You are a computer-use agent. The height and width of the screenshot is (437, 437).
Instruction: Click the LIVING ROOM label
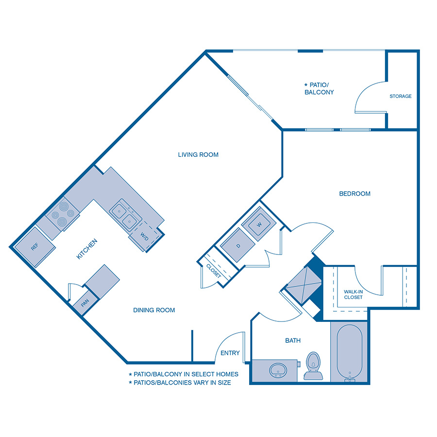pos(198,155)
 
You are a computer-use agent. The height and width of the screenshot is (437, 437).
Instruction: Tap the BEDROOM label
pos(354,194)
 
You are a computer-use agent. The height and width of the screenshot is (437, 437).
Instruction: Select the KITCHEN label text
pos(88,249)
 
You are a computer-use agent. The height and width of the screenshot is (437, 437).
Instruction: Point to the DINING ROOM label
pos(154,310)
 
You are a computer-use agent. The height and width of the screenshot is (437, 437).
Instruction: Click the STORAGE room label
pos(401,96)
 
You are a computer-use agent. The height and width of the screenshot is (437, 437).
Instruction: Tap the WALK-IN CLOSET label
pos(353,294)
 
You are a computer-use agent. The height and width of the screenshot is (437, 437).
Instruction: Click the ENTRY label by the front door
pos(230,353)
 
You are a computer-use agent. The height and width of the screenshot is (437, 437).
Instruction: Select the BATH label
pos(293,341)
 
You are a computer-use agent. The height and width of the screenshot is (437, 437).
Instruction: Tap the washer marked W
pos(259,224)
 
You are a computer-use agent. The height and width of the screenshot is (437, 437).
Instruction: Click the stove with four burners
pos(63,215)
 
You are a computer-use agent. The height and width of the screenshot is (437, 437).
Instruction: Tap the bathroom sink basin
pos(277,370)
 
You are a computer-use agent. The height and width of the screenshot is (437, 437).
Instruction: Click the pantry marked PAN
pos(85,303)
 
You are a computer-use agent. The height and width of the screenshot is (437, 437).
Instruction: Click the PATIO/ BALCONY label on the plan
pos(319,88)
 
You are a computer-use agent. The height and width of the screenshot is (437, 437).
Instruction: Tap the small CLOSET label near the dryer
pos(214,270)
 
